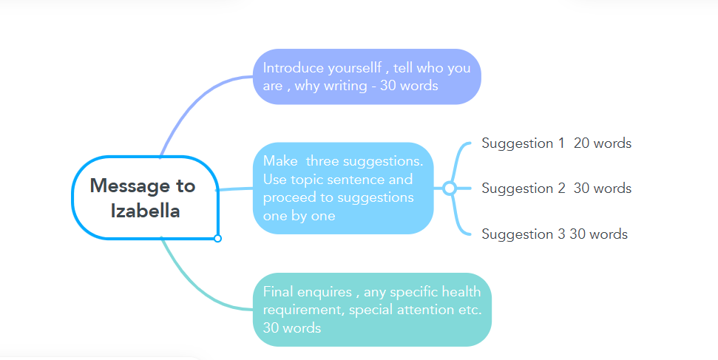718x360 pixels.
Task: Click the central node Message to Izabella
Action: [145, 198]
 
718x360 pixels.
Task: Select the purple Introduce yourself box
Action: [367, 77]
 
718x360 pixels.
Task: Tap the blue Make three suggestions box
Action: [343, 188]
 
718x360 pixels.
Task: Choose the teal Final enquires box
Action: [372, 310]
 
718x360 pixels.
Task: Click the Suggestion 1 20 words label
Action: [556, 143]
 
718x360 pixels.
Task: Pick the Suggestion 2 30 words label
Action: [556, 189]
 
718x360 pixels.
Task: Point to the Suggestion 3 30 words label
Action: [554, 234]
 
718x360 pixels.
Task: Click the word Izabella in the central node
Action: [145, 211]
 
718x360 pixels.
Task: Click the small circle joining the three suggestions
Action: [450, 189]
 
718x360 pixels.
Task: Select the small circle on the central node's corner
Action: [217, 238]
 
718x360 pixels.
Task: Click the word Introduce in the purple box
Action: [294, 68]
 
